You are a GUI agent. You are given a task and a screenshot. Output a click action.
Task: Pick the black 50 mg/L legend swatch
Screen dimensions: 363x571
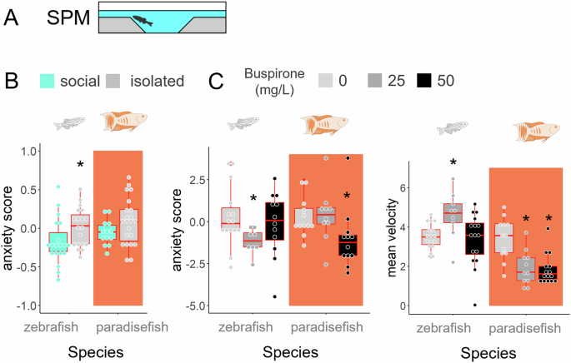(x=426, y=82)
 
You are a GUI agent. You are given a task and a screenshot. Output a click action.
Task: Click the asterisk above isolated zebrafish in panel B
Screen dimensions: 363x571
(x=80, y=167)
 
